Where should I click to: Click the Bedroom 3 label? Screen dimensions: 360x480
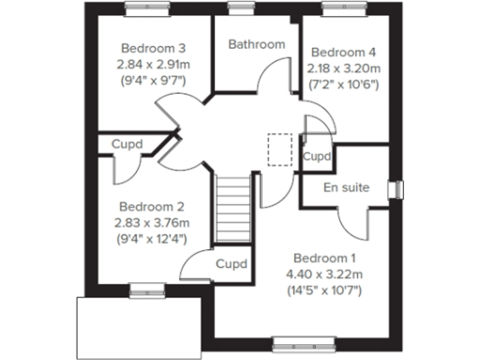(151, 48)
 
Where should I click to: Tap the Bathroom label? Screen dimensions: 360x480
(256, 44)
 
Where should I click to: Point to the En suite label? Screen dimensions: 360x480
(346, 187)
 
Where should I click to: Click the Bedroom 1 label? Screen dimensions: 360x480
(324, 258)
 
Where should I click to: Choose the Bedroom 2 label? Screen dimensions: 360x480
(152, 206)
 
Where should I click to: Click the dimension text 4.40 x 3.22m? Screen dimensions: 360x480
(324, 274)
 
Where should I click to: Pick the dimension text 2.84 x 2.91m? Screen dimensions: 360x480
(152, 64)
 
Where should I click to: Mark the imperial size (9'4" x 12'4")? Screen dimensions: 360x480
(152, 238)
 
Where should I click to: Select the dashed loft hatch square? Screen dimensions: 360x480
(279, 149)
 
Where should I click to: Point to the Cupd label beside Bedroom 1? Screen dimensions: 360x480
(231, 264)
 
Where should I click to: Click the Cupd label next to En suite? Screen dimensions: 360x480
(318, 156)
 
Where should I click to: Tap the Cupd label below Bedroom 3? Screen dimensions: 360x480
(127, 144)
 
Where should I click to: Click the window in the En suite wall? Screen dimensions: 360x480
(395, 188)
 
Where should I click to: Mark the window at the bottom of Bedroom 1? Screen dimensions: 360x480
(295, 340)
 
